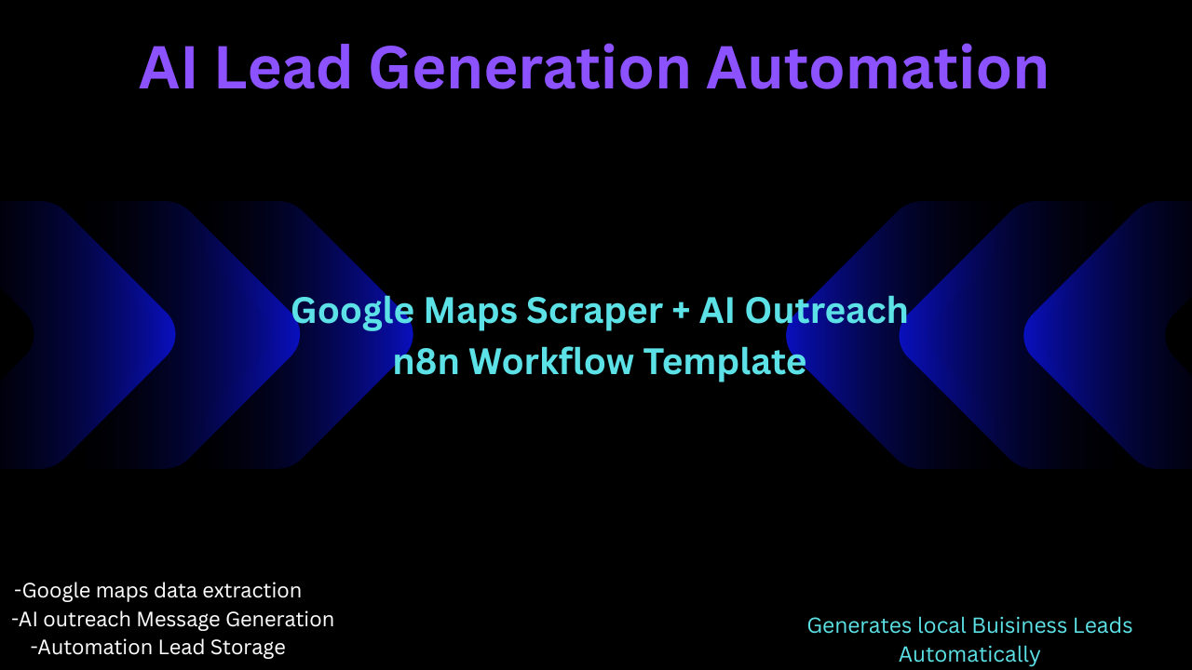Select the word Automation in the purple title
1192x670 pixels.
877,68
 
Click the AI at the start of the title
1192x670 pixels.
168,68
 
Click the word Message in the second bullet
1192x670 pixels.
175,620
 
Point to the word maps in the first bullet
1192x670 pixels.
121,591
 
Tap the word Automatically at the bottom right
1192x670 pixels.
969,655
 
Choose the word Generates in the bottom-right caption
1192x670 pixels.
859,626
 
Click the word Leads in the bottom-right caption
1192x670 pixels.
1106,626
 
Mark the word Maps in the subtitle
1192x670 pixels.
468,311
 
